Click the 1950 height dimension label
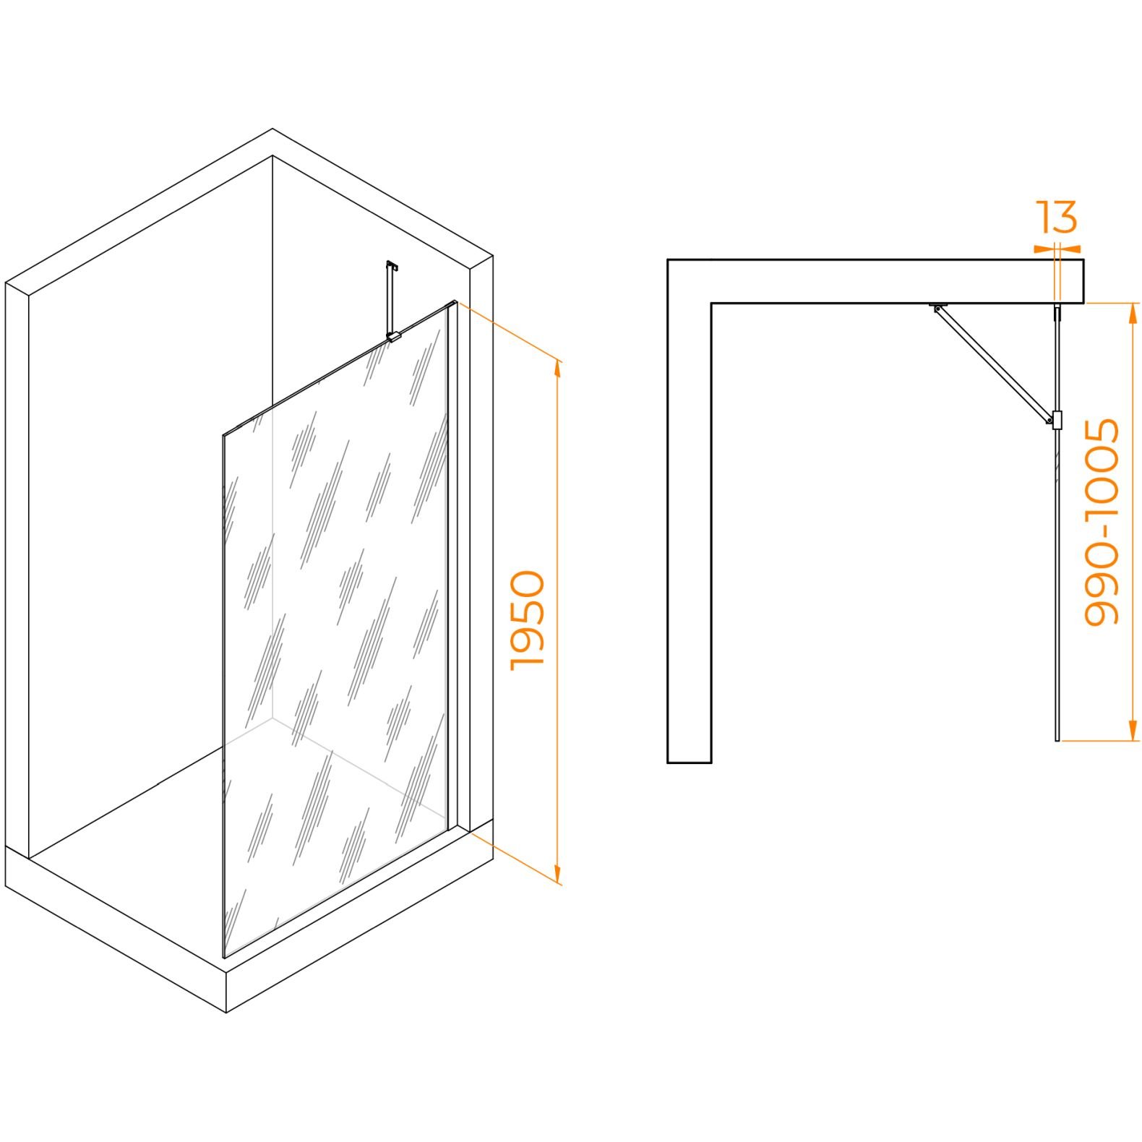click(x=528, y=620)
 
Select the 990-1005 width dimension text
click(x=1102, y=521)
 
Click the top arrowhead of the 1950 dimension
click(x=557, y=368)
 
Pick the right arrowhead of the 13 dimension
click(x=1071, y=249)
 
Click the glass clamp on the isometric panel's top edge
click(x=393, y=336)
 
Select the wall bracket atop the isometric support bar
click(x=392, y=265)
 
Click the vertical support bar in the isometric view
click(x=390, y=300)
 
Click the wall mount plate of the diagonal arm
click(x=939, y=304)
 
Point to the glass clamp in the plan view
click(x=1057, y=419)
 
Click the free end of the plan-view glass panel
click(x=1057, y=740)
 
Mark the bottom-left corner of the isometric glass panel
click(x=224, y=958)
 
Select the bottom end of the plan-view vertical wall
click(x=689, y=762)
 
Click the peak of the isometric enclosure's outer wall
click(x=272, y=129)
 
